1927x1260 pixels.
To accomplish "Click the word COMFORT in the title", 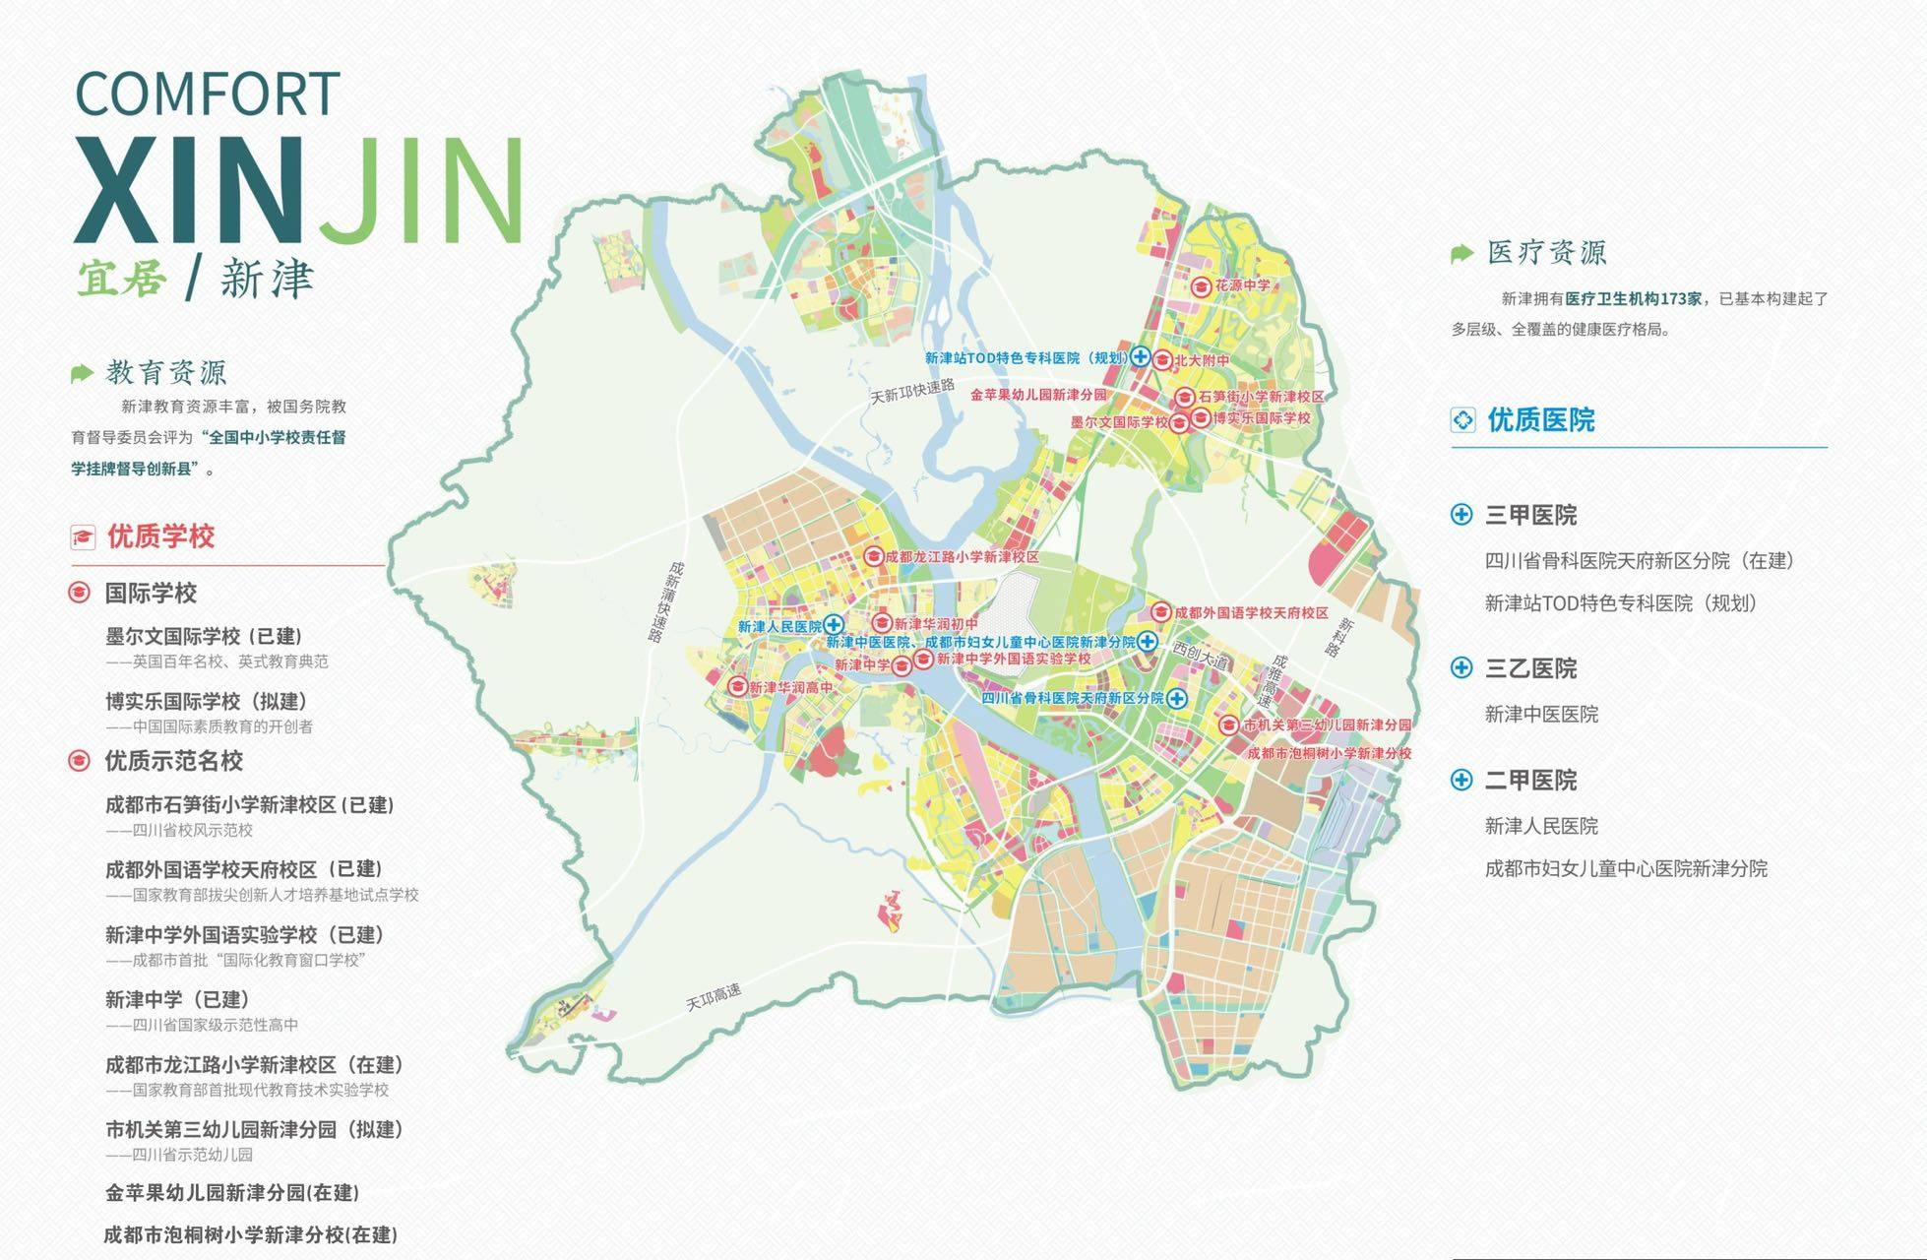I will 208,94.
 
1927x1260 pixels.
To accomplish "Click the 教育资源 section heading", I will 166,373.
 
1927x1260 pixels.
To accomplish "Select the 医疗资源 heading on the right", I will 1546,253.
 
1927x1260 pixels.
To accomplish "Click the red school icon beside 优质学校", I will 83,537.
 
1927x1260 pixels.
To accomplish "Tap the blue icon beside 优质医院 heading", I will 1463,420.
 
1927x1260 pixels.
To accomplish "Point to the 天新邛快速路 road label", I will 912,391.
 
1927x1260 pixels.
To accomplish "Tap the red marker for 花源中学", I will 1201,286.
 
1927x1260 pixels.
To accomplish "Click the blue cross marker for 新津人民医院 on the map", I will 834,624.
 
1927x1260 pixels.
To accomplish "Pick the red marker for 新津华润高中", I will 737,686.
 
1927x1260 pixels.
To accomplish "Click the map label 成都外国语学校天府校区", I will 1250,612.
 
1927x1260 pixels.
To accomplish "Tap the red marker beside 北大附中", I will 1161,360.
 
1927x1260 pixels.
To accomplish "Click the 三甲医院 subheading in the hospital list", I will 1530,515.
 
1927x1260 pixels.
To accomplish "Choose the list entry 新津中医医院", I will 1541,715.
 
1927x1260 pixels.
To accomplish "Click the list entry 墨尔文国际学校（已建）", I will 204,636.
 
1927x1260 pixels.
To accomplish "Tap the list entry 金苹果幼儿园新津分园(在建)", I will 232,1193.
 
